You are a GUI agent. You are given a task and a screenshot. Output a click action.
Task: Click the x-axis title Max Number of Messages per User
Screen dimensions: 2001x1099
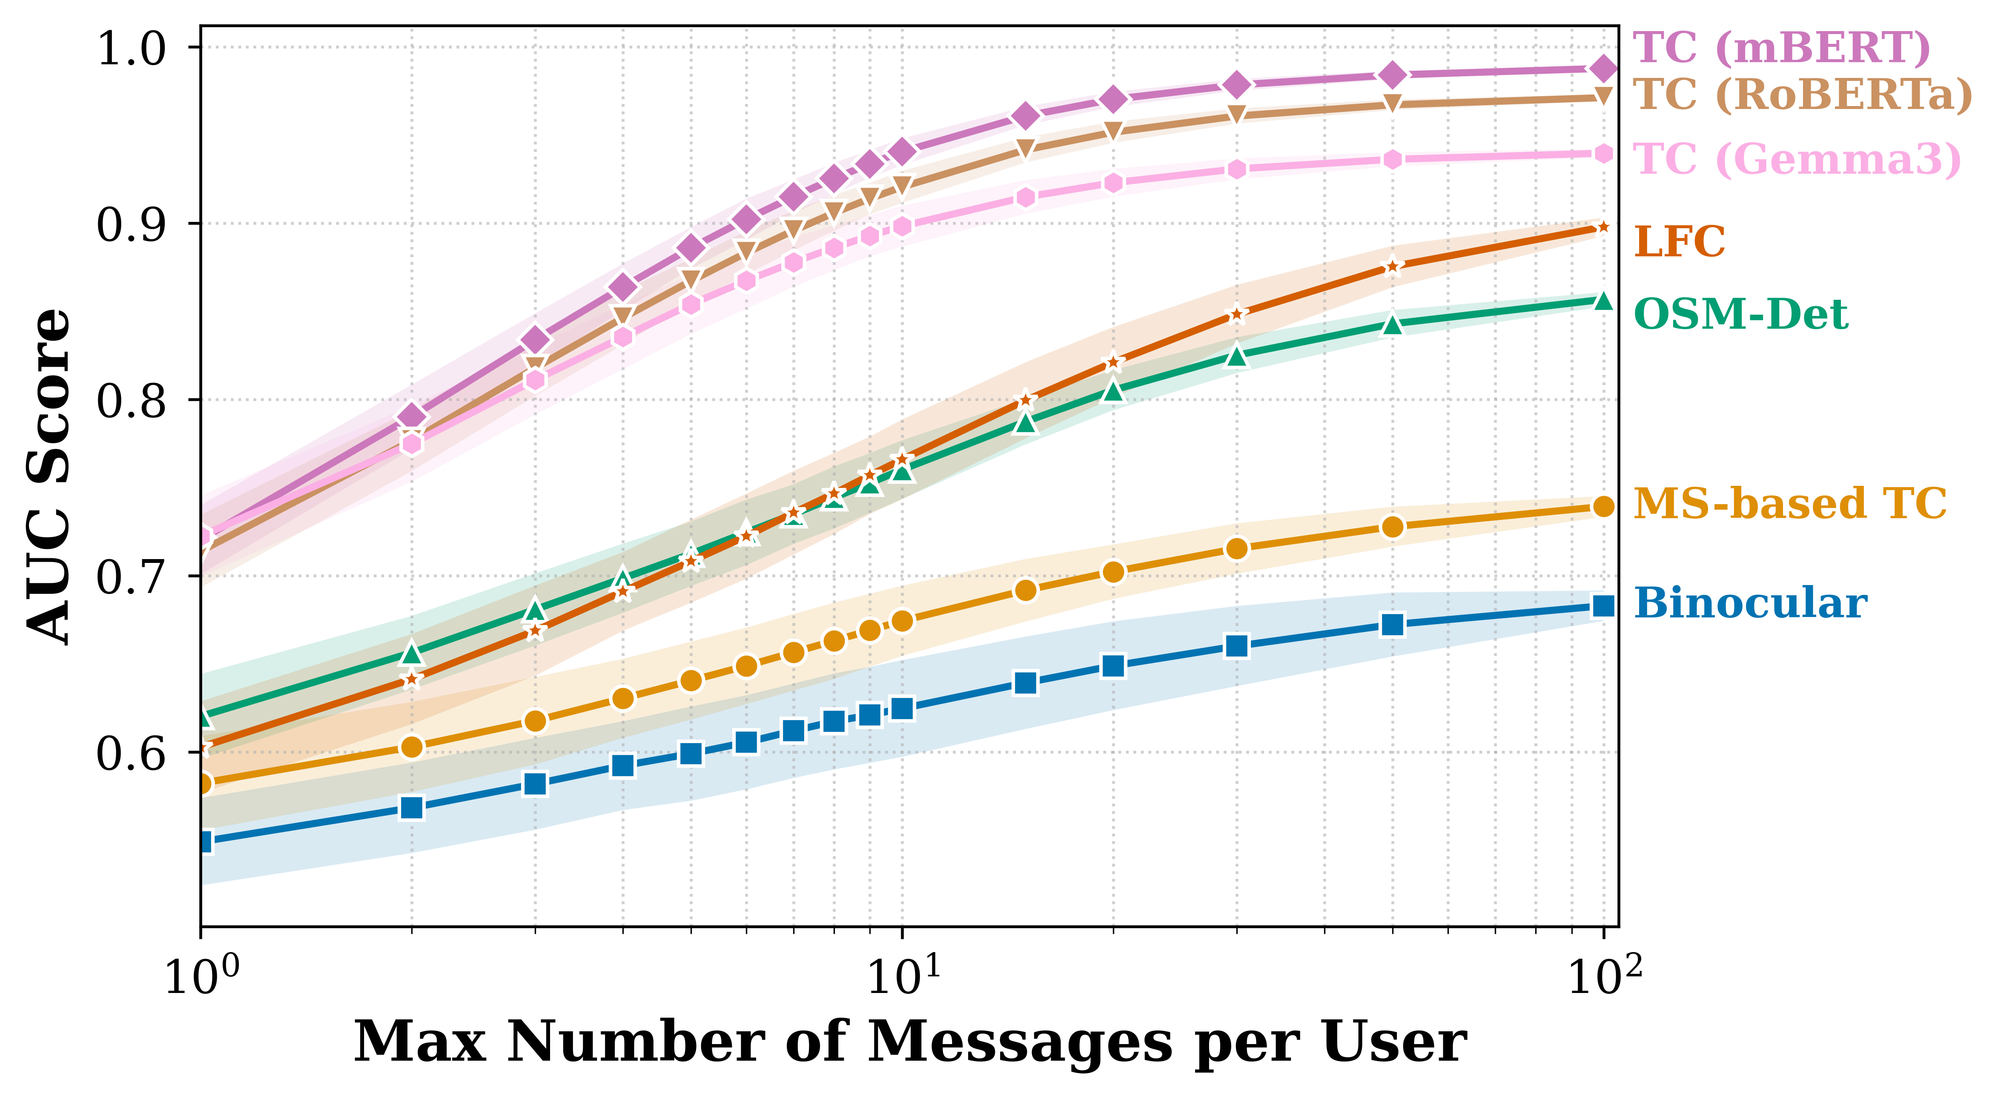(x=910, y=1042)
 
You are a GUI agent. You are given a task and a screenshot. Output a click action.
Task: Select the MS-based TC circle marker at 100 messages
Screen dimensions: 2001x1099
(x=1603, y=506)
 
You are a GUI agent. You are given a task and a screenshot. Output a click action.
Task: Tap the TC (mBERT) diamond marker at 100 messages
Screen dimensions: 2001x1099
(x=1603, y=69)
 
